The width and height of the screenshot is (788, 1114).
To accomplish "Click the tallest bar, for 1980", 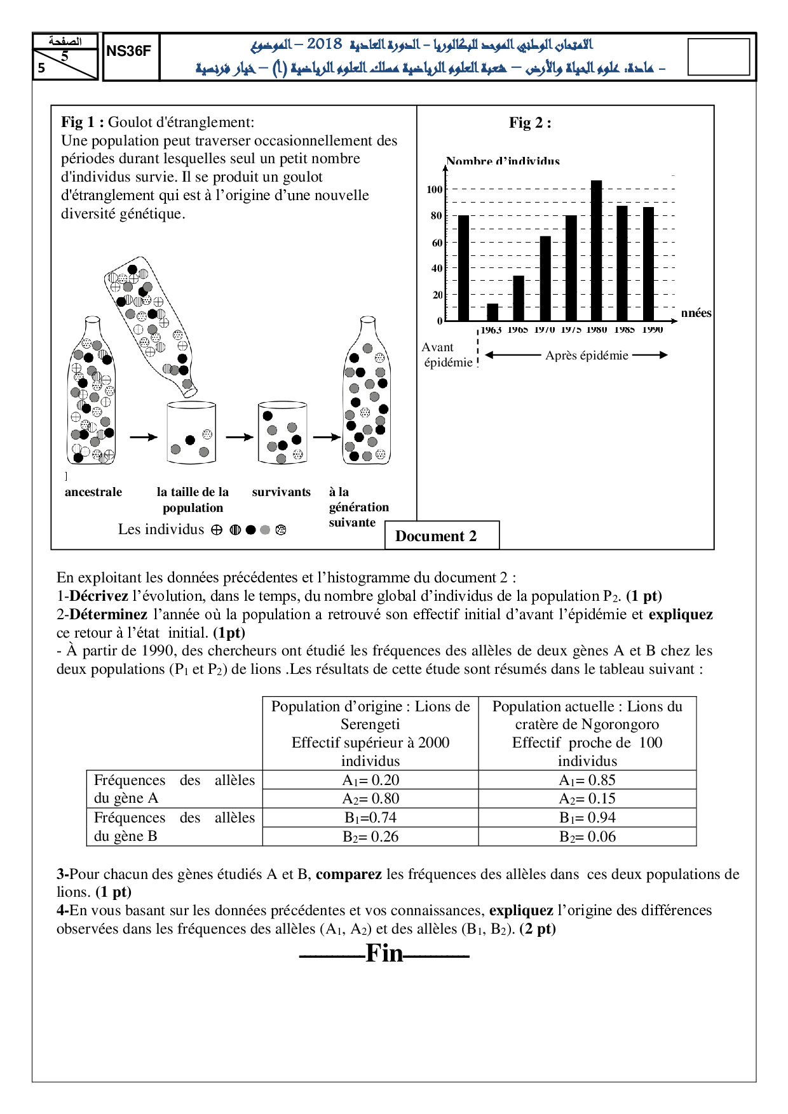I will point(596,251).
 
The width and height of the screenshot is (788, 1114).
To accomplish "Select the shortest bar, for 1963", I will point(492,312).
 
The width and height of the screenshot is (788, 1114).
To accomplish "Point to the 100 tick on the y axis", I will point(434,189).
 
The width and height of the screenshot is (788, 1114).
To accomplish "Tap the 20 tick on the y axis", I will point(437,295).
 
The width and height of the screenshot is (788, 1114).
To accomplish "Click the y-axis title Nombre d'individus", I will point(503,161).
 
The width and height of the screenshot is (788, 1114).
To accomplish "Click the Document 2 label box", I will point(436,536).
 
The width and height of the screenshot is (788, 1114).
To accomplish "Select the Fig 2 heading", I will point(530,123).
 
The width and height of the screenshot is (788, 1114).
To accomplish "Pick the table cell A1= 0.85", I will point(587,780).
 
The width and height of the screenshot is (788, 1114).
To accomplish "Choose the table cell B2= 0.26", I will point(370,836).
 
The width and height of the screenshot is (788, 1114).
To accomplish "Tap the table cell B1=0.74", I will point(370,817).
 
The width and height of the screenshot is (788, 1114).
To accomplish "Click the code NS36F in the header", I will point(129,51).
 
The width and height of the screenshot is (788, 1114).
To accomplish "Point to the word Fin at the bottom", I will point(384,953).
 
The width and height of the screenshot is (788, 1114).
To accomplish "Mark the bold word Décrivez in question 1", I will point(98,596).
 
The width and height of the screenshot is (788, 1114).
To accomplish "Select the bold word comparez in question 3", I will point(348,874).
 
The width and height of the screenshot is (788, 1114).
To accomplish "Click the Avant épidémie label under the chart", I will point(447,355).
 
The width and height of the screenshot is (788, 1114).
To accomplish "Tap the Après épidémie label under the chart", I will point(586,356).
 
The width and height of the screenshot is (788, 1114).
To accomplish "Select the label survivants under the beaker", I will point(281,492).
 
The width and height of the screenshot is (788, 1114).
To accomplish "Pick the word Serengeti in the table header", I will point(370,724).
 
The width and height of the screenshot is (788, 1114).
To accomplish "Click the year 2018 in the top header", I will point(324,44).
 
